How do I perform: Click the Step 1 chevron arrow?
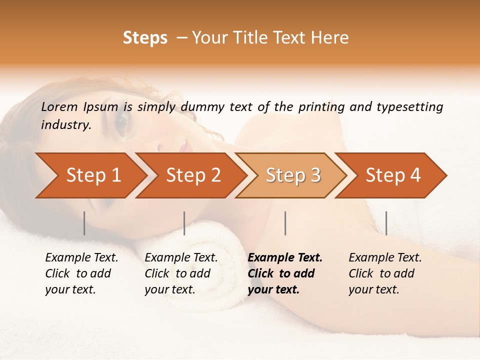click(90, 175)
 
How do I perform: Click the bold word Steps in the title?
click(145, 38)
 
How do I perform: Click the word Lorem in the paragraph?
click(59, 106)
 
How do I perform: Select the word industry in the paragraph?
click(65, 124)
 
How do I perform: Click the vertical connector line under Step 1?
click(84, 223)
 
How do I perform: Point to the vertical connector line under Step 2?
click(184, 223)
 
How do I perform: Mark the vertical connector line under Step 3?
click(285, 223)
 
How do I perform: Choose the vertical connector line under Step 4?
click(386, 223)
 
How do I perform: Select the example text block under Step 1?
click(81, 273)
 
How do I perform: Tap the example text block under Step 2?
click(181, 273)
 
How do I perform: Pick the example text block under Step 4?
click(385, 273)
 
